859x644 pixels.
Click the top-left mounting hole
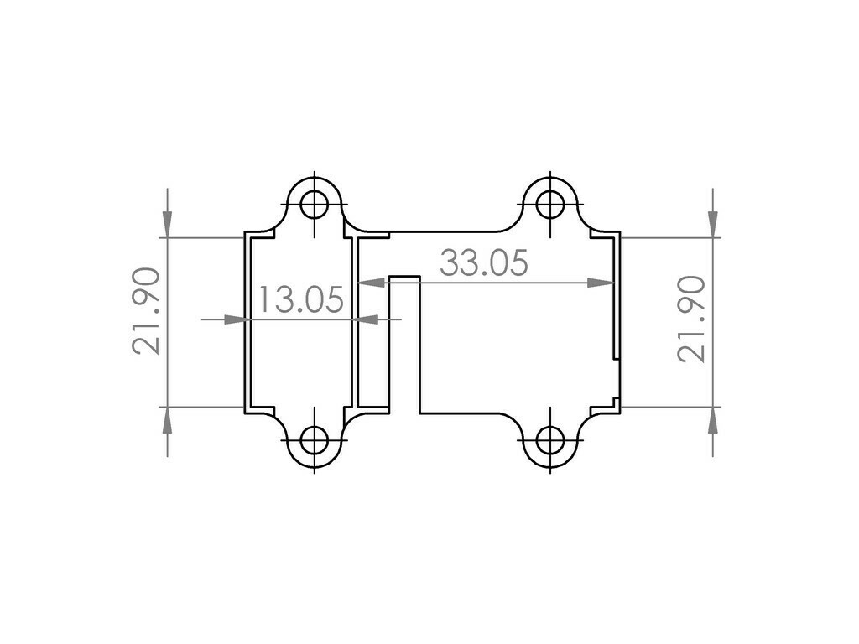point(315,203)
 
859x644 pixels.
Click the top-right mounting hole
point(550,203)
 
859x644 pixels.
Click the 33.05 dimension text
point(484,263)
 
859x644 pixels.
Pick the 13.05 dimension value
point(300,299)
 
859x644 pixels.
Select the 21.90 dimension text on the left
point(146,310)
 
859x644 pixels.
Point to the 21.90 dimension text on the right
point(691,319)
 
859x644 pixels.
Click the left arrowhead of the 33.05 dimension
point(372,283)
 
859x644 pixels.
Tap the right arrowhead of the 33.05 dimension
point(601,283)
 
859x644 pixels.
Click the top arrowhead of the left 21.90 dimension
point(167,223)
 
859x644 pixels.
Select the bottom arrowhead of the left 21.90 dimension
point(167,421)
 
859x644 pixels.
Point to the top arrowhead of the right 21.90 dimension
point(712,223)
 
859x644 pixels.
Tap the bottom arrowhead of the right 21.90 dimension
point(712,421)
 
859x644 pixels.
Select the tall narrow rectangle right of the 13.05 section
point(373,323)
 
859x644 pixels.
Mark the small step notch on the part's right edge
point(617,382)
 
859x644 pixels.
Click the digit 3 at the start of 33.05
point(450,263)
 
